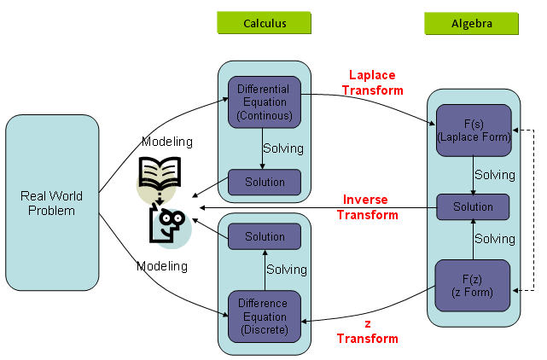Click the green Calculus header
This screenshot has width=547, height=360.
click(264, 24)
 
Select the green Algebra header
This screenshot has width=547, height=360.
click(471, 24)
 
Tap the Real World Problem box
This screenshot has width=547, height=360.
click(52, 204)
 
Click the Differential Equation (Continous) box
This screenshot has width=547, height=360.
click(264, 102)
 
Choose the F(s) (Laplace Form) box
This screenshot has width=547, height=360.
click(473, 130)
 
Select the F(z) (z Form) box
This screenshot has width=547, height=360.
click(473, 285)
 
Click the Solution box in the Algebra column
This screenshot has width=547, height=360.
click(473, 207)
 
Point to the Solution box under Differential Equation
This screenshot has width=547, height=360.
click(264, 182)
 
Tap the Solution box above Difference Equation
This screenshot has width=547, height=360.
click(264, 236)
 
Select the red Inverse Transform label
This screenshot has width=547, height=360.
click(366, 207)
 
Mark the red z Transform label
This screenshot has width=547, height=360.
click(367, 331)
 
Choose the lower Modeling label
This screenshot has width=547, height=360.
click(162, 266)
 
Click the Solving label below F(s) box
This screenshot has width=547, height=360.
click(495, 175)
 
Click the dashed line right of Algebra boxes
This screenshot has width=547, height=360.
click(533, 209)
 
